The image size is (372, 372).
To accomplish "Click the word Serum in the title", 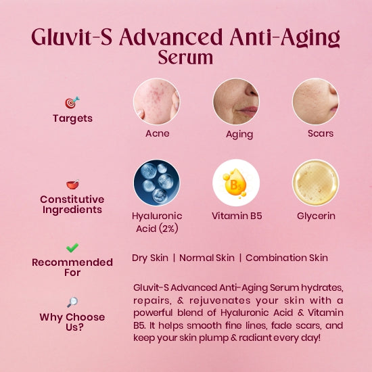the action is [x=185, y=57].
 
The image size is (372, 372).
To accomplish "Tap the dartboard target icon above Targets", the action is [x=72, y=103].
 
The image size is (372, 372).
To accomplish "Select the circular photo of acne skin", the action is [x=157, y=101].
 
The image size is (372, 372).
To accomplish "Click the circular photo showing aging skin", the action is [x=236, y=101].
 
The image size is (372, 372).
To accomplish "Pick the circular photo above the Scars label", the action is [x=316, y=101].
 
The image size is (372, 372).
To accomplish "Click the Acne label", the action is [x=158, y=133].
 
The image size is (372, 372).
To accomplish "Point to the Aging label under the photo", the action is [x=239, y=135].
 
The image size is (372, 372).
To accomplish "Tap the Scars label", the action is [x=321, y=133].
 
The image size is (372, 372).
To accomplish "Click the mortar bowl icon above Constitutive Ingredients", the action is [x=73, y=184].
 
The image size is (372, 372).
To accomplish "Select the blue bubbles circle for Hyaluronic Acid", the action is [x=157, y=183].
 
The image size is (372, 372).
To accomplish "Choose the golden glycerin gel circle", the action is [x=316, y=183].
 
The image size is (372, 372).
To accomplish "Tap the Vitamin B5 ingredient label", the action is [x=237, y=216].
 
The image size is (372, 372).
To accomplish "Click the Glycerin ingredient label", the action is [x=316, y=216].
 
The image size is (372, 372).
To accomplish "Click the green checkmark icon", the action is [x=72, y=248].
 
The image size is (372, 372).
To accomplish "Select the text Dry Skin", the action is [x=150, y=258].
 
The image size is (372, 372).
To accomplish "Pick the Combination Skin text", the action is [x=287, y=258].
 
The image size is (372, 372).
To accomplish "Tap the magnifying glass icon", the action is [x=72, y=302].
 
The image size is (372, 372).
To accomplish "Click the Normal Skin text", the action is [x=207, y=258].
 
